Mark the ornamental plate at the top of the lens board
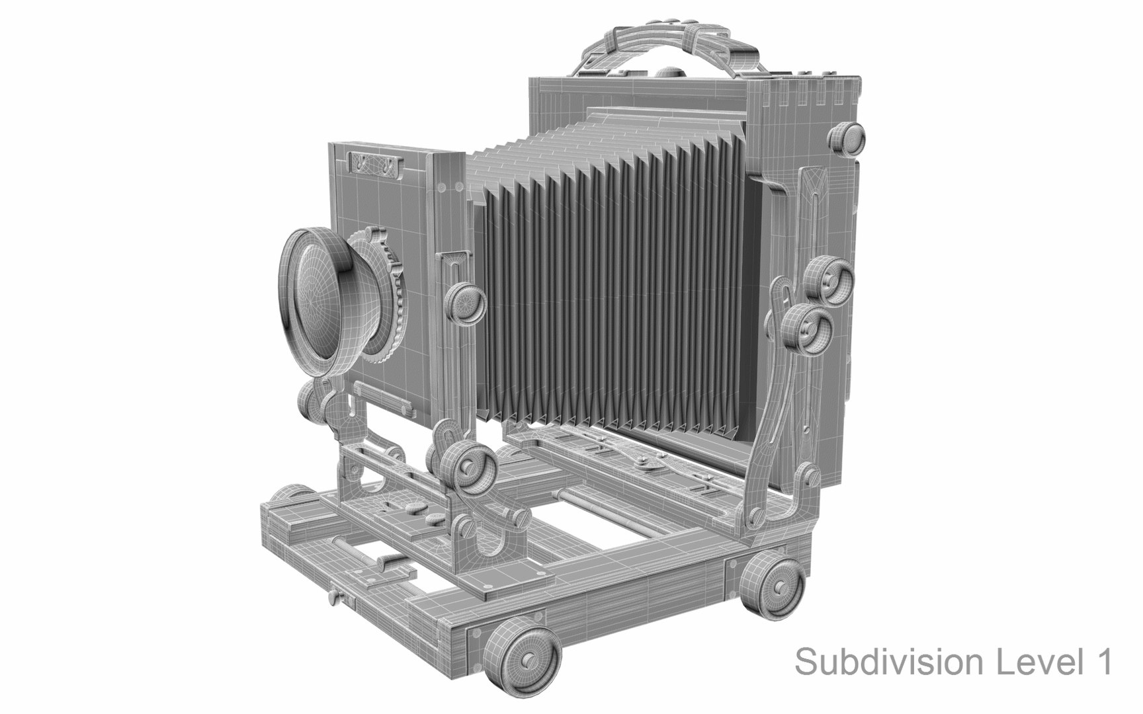[x=375, y=163]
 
